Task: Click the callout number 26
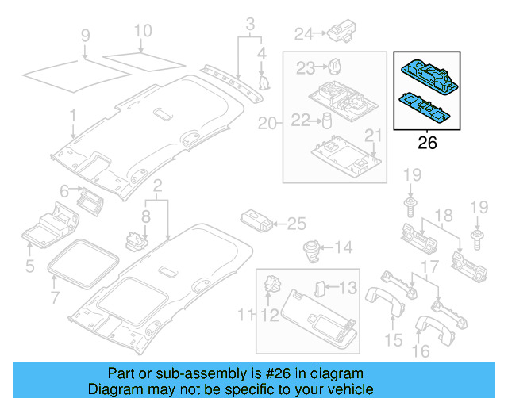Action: pos(427,144)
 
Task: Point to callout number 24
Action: pos(304,34)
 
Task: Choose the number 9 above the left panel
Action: pos(85,35)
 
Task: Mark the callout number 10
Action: pos(142,32)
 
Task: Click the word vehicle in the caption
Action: pos(344,390)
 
